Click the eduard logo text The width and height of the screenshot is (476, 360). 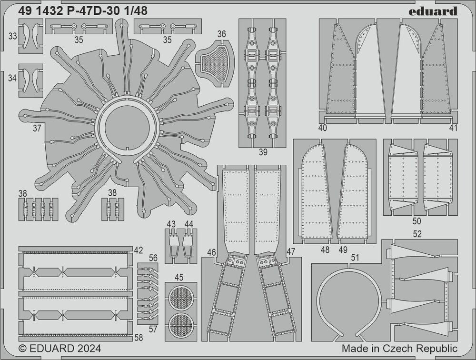(433, 11)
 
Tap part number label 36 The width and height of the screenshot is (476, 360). (222, 34)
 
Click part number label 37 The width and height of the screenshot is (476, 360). (37, 128)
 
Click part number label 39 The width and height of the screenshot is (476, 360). (263, 152)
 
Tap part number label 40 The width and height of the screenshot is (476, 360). (323, 128)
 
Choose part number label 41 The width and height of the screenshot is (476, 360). (453, 128)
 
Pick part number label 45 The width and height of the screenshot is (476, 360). (179, 277)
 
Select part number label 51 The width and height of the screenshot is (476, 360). (355, 258)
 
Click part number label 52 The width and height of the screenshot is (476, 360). (417, 234)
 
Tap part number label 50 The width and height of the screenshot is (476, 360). (417, 221)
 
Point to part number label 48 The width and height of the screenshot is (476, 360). (325, 250)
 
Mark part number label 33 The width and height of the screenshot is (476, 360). (12, 36)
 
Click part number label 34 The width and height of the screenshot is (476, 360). (12, 78)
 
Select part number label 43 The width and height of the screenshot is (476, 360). (171, 224)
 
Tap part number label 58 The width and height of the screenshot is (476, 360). (139, 337)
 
